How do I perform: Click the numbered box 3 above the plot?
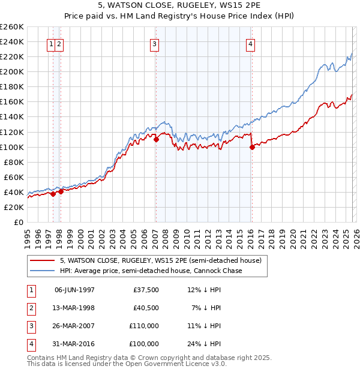[155, 43]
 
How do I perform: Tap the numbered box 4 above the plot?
[250, 43]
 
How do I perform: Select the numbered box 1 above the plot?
[52, 43]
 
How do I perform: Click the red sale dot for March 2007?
[156, 139]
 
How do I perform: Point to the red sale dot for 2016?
[252, 147]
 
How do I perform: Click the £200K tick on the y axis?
[12, 71]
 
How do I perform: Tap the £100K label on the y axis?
[12, 147]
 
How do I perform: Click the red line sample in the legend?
[42, 261]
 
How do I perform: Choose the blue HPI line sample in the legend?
[42, 271]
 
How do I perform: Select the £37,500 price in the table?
[146, 290]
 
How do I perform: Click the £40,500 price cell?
[146, 308]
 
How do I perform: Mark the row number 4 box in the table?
[30, 344]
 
